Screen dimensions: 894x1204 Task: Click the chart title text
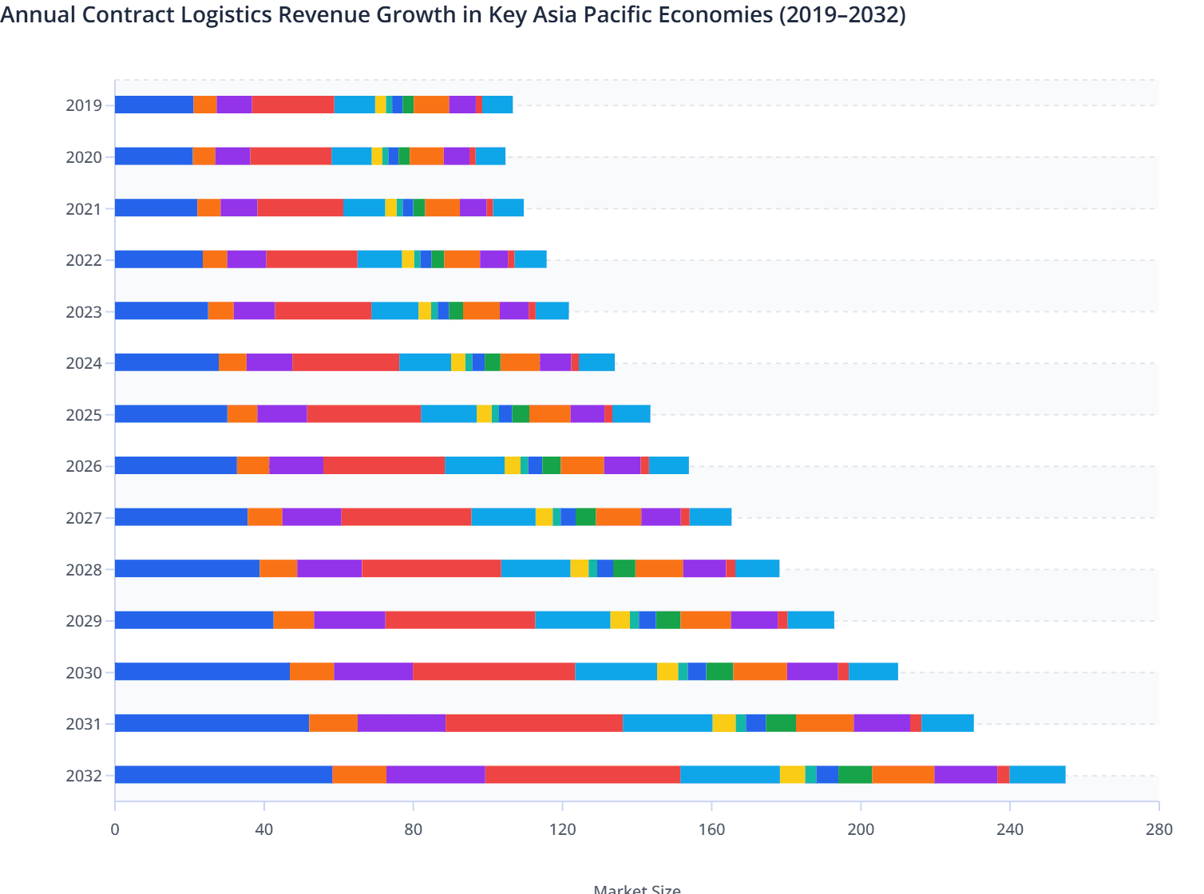pos(453,14)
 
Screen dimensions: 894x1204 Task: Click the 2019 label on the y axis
pos(84,105)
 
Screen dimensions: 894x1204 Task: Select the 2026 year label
pos(84,466)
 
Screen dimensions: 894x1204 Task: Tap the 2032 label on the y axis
pos(84,776)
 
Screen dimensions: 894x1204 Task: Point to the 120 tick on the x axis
pos(562,829)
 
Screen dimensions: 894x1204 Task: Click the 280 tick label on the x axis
pos(1158,829)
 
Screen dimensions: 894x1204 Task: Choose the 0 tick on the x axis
pos(115,829)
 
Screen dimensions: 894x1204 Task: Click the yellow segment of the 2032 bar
pos(792,774)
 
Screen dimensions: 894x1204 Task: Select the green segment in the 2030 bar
pos(719,671)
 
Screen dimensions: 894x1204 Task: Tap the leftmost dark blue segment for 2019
pos(154,105)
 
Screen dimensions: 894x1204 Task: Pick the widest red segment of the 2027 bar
pos(406,516)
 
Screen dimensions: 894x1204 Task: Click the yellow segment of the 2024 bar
pos(458,362)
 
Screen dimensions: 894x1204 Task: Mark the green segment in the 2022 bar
pos(438,259)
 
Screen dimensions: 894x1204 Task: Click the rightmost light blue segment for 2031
pos(947,723)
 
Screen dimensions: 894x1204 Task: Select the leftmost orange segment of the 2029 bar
pos(294,620)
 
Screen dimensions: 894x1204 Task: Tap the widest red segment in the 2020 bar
pos(291,156)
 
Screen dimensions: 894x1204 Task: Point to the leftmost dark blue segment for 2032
pos(224,774)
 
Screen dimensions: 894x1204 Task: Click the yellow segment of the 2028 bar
pos(580,568)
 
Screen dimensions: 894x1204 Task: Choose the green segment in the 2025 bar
pos(521,413)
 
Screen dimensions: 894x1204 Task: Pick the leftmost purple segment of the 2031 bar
pos(402,723)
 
